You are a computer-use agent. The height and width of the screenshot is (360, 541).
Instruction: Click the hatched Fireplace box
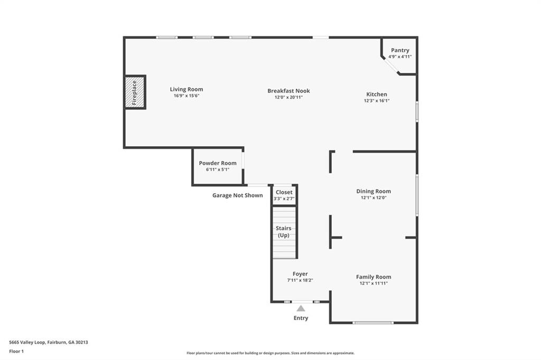(134, 92)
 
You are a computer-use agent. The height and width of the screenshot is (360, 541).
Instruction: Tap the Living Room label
(186, 89)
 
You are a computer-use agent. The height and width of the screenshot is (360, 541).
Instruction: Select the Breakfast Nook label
(288, 91)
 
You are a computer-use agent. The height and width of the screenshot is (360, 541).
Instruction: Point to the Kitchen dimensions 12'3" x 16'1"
(376, 101)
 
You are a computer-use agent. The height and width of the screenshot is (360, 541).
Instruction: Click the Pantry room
(400, 53)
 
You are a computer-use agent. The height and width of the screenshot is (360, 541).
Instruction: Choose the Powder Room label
(218, 163)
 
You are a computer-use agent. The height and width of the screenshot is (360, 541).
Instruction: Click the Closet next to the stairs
(284, 195)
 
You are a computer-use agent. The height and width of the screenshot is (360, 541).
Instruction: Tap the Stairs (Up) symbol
(284, 232)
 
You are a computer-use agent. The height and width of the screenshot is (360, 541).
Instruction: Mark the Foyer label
(300, 274)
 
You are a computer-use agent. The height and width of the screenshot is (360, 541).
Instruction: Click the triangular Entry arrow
(301, 308)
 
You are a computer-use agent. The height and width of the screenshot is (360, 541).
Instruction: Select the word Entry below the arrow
(301, 318)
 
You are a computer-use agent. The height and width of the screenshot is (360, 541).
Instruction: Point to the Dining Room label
(373, 191)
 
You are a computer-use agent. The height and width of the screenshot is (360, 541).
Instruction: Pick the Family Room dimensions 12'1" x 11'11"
(373, 283)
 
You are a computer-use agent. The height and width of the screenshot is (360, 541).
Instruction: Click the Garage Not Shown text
(237, 195)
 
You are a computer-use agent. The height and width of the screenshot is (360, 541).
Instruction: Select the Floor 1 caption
(16, 350)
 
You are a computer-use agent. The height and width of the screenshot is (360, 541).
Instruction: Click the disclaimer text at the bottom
(270, 353)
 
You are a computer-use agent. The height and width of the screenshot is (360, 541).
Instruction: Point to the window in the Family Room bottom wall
(373, 323)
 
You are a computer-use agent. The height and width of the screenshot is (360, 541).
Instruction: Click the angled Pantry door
(390, 65)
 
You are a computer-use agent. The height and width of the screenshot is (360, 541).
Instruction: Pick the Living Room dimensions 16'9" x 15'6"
(186, 96)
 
